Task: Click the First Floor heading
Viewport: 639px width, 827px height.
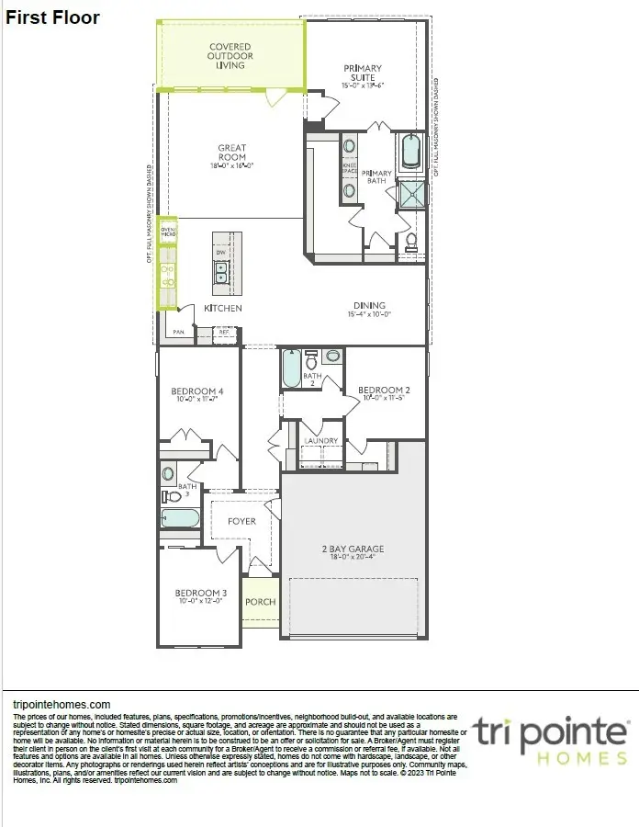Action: (53, 17)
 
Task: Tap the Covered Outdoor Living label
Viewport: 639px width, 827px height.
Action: (230, 56)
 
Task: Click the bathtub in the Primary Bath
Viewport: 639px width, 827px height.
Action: (409, 152)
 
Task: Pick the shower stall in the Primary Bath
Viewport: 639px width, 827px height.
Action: (411, 193)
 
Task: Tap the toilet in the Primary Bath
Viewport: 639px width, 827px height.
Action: (412, 242)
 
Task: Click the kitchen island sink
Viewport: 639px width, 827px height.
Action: (221, 273)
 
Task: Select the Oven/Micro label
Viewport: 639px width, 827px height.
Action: (168, 231)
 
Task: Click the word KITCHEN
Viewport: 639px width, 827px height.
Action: (222, 308)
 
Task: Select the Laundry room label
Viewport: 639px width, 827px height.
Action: (321, 441)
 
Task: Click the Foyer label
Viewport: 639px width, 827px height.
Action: (241, 521)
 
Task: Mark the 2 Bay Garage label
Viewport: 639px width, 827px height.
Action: (353, 552)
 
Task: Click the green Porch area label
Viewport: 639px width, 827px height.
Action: (260, 603)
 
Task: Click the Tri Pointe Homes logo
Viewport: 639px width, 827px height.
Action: (551, 740)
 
